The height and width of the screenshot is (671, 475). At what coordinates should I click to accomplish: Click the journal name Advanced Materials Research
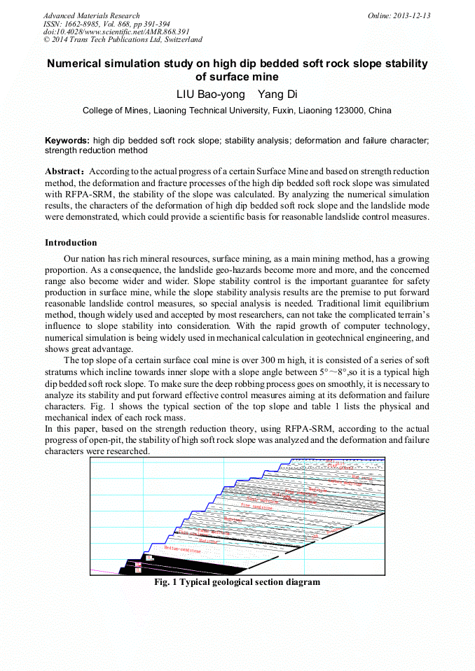click(91, 15)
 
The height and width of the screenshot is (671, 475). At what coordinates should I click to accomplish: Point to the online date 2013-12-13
click(411, 15)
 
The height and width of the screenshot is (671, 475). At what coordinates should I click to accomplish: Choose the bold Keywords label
click(67, 141)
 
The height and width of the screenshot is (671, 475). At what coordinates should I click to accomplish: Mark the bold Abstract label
click(66, 171)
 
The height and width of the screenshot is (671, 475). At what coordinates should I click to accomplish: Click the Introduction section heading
click(71, 243)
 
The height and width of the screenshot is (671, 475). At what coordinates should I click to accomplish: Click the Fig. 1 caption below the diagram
click(237, 582)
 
